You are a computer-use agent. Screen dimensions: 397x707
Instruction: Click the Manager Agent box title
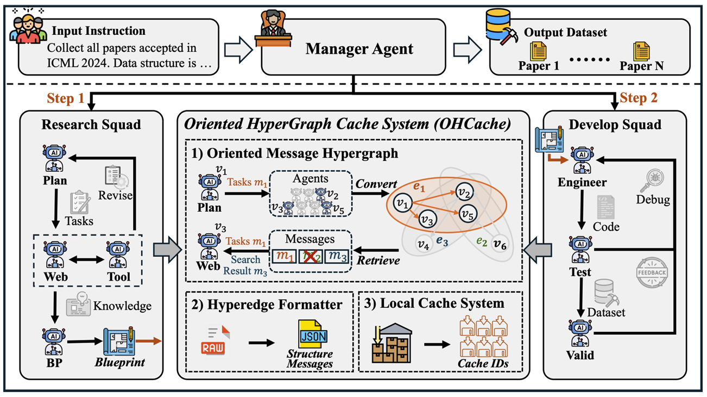359,49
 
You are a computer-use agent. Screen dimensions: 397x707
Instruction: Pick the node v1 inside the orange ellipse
402,203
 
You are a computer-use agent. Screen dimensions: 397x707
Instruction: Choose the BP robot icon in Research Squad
54,339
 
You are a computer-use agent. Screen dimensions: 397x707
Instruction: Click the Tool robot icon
118,253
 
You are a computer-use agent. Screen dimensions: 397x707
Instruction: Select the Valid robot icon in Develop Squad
580,332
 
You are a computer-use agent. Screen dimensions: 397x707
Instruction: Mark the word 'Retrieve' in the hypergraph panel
378,260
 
